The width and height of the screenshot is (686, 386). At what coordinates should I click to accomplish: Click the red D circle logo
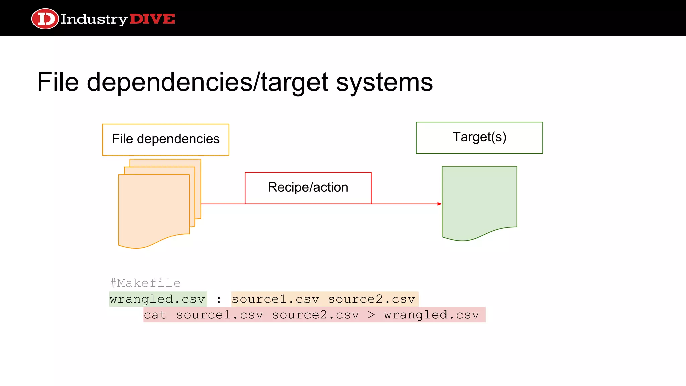point(45,19)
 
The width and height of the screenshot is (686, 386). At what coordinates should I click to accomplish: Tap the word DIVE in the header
point(152,19)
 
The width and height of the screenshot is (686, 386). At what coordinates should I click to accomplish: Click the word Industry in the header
point(94,19)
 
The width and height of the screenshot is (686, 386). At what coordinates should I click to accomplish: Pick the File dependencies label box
point(166,139)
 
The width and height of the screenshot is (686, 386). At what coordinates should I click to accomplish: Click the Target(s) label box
point(479,137)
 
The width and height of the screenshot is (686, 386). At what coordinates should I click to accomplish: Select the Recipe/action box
point(308,188)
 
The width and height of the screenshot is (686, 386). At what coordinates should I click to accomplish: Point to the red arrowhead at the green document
point(439,204)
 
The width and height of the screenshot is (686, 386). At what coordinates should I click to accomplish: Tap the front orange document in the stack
point(154,208)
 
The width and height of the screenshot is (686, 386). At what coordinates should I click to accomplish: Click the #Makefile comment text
point(145,283)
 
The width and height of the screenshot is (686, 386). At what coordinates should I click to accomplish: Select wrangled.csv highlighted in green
point(157,299)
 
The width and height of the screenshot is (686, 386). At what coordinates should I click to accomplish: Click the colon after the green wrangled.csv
point(219,299)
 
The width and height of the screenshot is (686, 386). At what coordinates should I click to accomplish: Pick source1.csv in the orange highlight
point(275,299)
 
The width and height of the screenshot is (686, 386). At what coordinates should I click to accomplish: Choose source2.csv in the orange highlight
point(371,299)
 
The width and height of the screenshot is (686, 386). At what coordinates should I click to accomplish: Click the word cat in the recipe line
point(155,315)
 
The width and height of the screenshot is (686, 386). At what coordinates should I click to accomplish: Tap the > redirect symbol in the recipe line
point(371,315)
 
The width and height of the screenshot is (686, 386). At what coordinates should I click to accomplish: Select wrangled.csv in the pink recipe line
point(432,315)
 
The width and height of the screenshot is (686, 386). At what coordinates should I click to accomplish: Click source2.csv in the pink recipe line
point(316,315)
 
